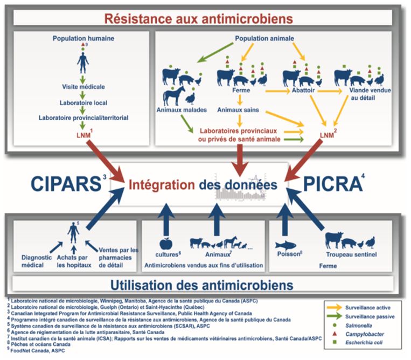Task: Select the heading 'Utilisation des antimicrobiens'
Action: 206,284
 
